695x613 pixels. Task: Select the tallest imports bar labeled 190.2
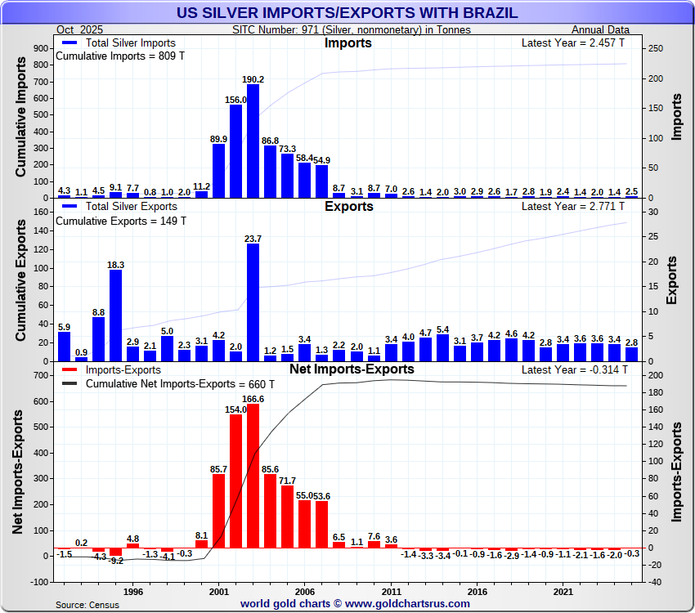253,141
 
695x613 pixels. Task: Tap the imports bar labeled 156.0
236,151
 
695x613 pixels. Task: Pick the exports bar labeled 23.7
253,302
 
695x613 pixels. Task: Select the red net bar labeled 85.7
219,511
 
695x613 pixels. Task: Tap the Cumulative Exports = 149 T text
121,221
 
